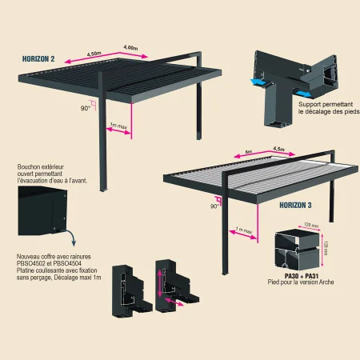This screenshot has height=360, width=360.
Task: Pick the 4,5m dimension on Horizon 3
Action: pyautogui.click(x=280, y=150)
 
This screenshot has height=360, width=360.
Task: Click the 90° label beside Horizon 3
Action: pyautogui.click(x=214, y=206)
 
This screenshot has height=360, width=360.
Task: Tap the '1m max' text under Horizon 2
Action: pyautogui.click(x=118, y=126)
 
